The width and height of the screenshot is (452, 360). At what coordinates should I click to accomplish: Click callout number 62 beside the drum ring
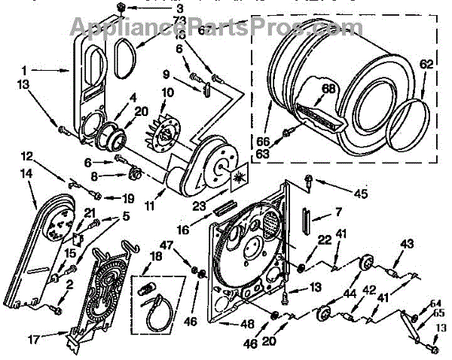[x=427, y=66]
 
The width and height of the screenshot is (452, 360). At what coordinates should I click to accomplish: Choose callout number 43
[x=408, y=243]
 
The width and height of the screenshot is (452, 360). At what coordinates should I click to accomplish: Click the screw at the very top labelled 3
[x=121, y=8]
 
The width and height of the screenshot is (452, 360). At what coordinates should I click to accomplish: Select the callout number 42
[x=369, y=290]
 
